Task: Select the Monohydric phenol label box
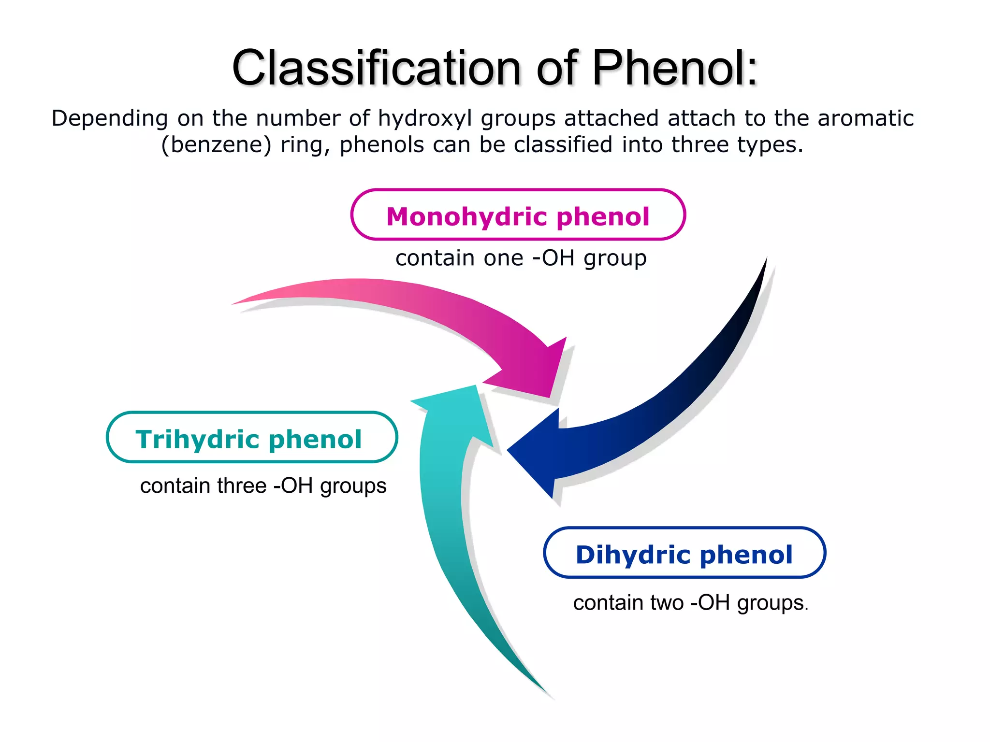coord(518,215)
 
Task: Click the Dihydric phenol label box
coord(684,553)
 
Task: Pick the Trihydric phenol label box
coord(251,438)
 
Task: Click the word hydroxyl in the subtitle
coord(425,119)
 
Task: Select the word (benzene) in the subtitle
coord(216,145)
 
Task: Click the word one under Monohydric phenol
coord(503,258)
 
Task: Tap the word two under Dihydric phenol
coord(668,603)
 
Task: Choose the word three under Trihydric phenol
coord(242,486)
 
